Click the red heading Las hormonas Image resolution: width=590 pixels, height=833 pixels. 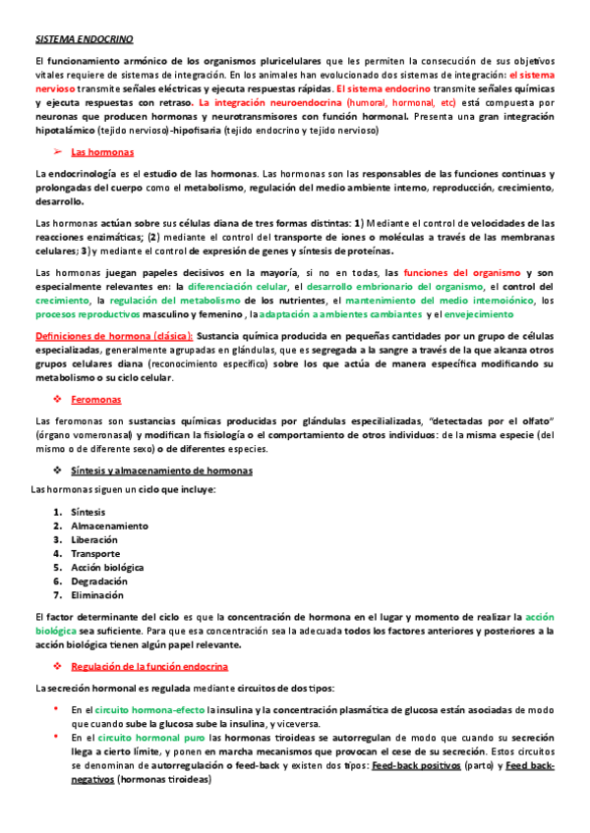[103, 152]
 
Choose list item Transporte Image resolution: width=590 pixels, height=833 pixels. [96, 553]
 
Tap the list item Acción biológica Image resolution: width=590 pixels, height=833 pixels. [107, 567]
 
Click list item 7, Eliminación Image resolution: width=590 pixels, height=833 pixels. [98, 594]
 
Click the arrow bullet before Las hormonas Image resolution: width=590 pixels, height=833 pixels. [57, 152]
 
